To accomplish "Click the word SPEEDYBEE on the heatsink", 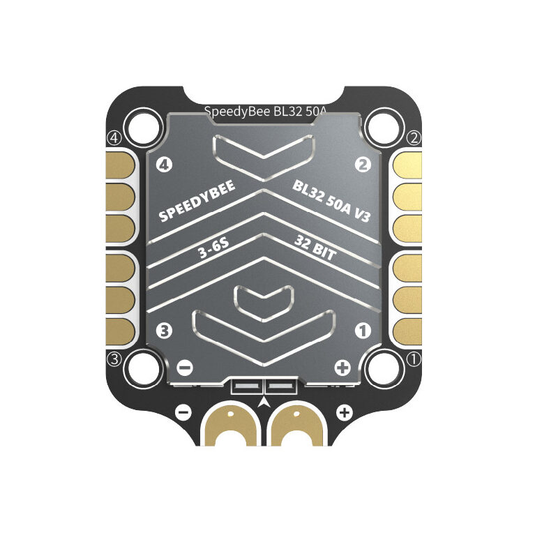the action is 197,201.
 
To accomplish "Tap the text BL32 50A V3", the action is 331,201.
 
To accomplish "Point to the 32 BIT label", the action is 315,249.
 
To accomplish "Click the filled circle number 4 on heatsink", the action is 164,165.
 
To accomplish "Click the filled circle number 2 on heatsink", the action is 363,165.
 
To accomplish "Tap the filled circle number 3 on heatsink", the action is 164,331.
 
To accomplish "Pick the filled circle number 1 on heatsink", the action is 363,331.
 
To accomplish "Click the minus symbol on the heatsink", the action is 186,368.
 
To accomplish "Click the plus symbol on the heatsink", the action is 342,368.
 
